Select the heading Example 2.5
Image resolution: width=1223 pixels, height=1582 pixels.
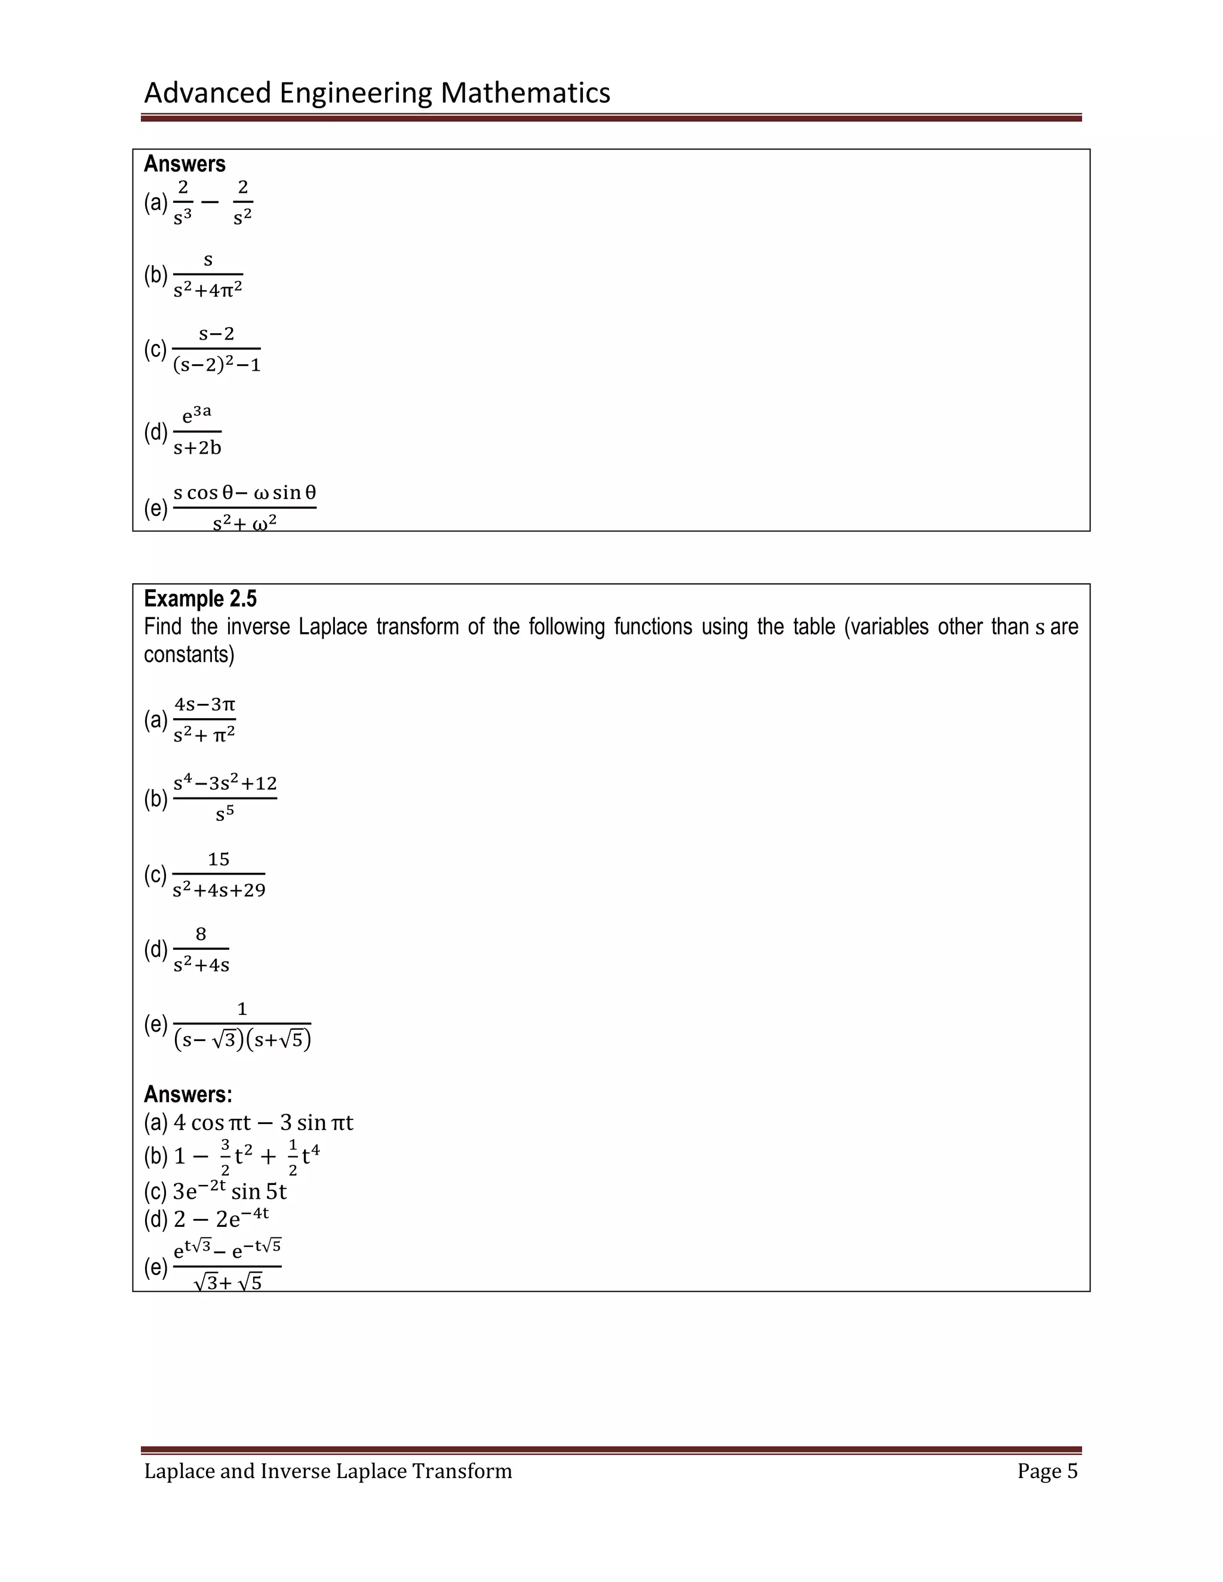click(200, 598)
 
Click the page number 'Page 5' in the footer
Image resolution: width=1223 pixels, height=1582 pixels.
click(1047, 1471)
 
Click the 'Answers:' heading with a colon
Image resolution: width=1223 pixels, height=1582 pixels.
click(188, 1094)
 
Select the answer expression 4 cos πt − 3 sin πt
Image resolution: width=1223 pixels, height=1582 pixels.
click(263, 1123)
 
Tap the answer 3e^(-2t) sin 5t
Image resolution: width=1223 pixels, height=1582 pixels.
click(230, 1192)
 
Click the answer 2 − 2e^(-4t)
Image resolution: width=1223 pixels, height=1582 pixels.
click(221, 1220)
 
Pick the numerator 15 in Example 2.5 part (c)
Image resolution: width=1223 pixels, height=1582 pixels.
click(218, 860)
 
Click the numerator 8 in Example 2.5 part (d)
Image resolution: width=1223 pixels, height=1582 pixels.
click(201, 934)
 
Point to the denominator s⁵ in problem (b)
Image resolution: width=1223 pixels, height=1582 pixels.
click(225, 814)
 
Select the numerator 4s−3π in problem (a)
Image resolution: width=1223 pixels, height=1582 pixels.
click(205, 704)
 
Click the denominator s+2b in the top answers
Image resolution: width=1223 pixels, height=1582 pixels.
click(198, 448)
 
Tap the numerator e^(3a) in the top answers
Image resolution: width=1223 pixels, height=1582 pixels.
click(196, 415)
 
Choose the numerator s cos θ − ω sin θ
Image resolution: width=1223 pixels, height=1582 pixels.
click(245, 493)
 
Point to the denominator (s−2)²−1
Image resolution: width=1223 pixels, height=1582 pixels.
click(217, 365)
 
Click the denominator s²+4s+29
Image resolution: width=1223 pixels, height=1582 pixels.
click(219, 890)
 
